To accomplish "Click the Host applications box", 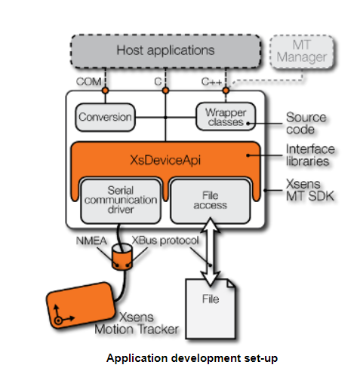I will (x=165, y=51).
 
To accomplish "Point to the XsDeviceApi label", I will (x=165, y=159).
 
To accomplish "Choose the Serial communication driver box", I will (x=120, y=200).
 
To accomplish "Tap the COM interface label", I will (x=89, y=80).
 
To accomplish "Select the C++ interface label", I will (x=213, y=80).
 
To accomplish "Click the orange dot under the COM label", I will (x=106, y=90).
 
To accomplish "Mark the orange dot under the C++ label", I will (x=226, y=90).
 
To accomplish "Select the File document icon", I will (x=210, y=300).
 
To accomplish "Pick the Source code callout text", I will (x=306, y=124).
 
